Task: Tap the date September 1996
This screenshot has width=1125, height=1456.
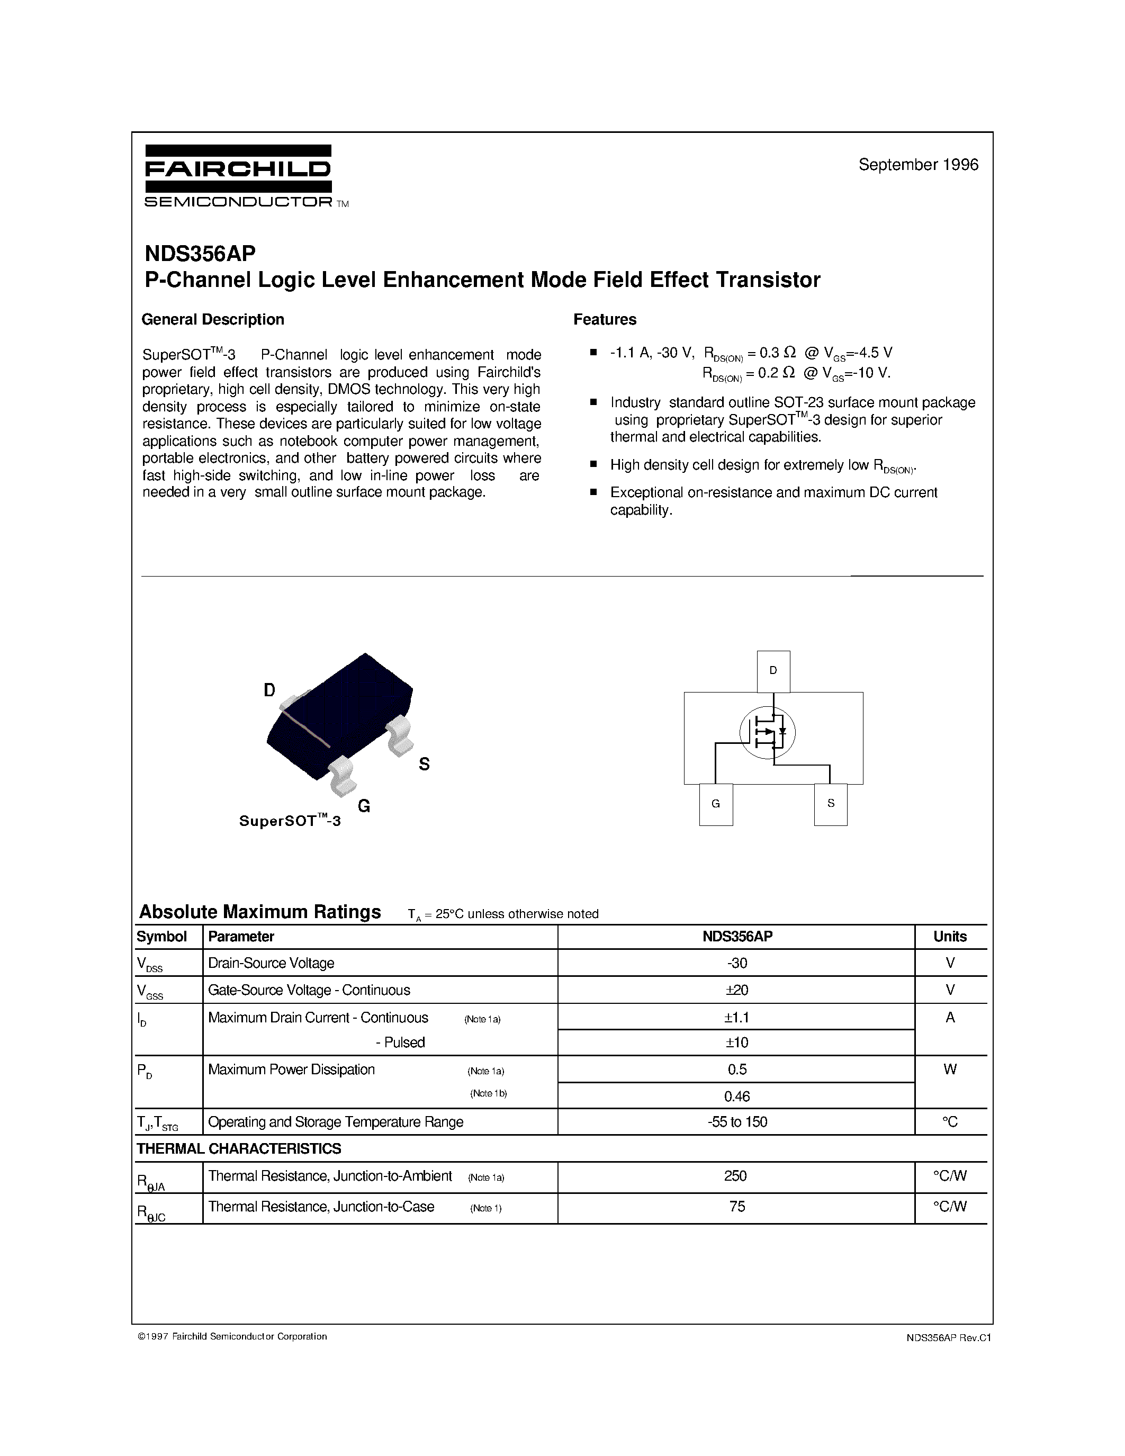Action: coord(917,165)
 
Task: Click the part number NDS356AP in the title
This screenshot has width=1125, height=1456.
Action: coord(200,254)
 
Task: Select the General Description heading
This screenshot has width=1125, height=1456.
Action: coord(213,319)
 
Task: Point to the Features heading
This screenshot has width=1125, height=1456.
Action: coord(605,319)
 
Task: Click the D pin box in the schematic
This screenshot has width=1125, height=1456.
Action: coord(773,671)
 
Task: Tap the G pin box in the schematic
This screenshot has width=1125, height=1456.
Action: coord(716,804)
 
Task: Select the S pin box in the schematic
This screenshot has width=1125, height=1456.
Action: coord(831,804)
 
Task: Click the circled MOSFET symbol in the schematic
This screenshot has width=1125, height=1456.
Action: coord(768,732)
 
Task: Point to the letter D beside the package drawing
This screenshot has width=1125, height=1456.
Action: coord(269,690)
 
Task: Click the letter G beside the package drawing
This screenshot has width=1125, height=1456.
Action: coord(364,806)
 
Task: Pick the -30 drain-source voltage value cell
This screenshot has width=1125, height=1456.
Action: coord(736,963)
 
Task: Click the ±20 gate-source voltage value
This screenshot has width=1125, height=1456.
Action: coord(736,990)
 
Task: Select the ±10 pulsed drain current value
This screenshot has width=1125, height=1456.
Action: coord(736,1042)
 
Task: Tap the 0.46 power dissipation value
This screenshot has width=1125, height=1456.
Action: coord(736,1096)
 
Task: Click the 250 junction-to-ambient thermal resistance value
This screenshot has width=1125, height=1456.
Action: coord(735,1176)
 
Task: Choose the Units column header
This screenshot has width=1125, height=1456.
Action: coord(950,937)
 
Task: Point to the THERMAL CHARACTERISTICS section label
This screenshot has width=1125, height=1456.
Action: coord(239,1149)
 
